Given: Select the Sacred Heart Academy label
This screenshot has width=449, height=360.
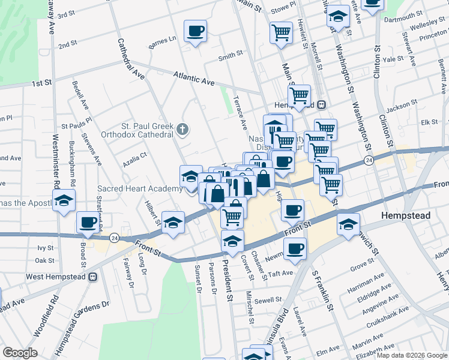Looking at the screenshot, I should click(140, 189).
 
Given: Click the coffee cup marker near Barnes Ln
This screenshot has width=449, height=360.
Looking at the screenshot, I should click(195, 31).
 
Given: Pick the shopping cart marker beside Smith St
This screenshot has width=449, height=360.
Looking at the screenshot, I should click(280, 32).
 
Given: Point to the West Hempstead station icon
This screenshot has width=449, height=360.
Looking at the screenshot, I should click(93, 277).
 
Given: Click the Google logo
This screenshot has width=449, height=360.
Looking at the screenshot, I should click(20, 353).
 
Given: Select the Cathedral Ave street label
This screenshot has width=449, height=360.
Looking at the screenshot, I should click(131, 59).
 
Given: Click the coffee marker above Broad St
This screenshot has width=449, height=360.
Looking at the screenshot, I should click(88, 223).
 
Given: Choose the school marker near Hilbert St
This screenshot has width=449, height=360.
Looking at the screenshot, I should click(173, 224).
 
